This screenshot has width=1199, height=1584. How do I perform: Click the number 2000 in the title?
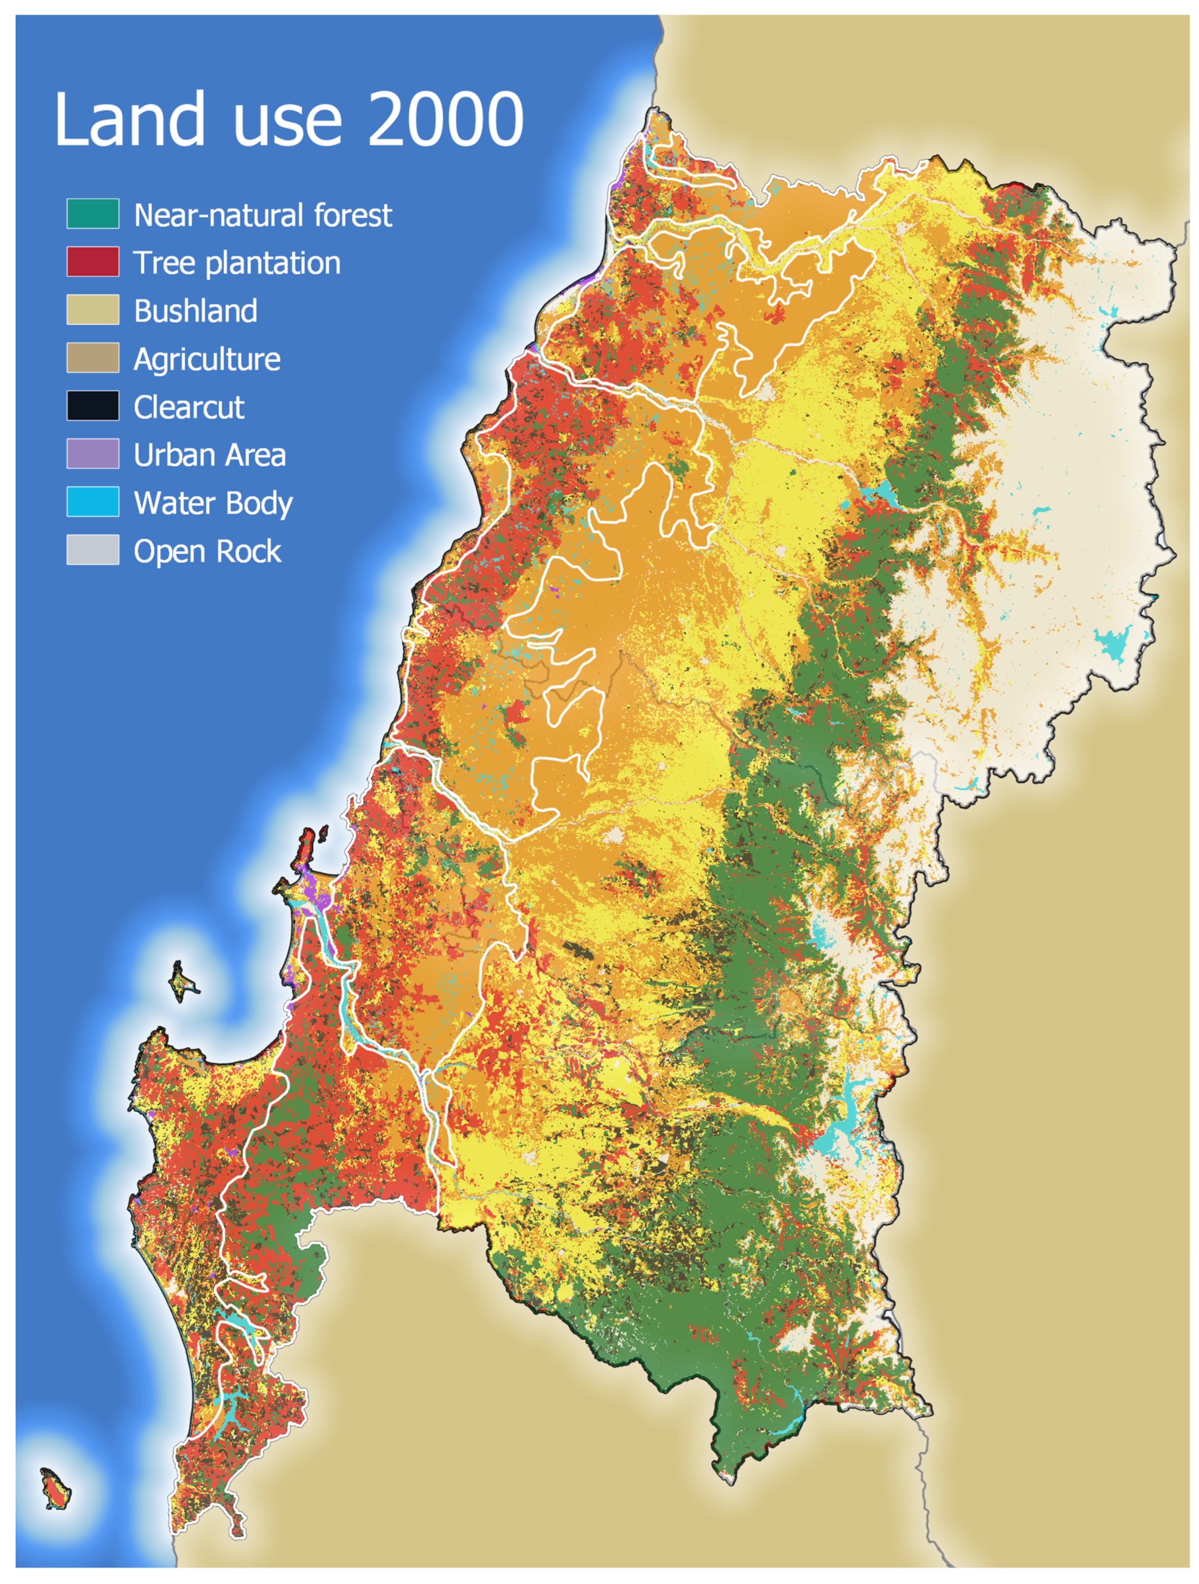445,119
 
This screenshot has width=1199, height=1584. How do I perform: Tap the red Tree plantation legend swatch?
93,262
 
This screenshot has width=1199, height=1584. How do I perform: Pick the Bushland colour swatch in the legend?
93,310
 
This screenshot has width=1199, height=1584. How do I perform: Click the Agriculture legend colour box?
93,358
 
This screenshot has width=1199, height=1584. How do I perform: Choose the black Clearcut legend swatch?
93,406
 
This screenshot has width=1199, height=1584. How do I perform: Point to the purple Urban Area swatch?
93,454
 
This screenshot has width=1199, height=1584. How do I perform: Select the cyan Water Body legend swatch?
93,502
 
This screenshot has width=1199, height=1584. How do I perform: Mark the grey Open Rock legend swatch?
93,550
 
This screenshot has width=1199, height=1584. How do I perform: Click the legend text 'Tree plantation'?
237,263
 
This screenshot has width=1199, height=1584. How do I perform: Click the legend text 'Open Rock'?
208,551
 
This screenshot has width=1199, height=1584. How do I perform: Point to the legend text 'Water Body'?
213,503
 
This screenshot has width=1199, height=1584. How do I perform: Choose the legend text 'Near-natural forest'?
263,215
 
